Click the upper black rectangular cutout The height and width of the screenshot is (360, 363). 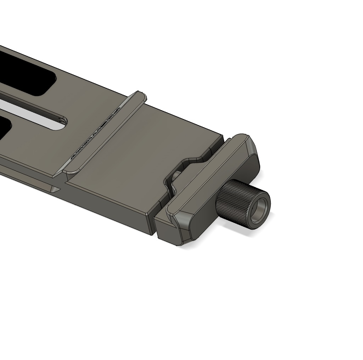tap(25, 74)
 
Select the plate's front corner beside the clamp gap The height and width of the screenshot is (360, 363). tap(150, 214)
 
